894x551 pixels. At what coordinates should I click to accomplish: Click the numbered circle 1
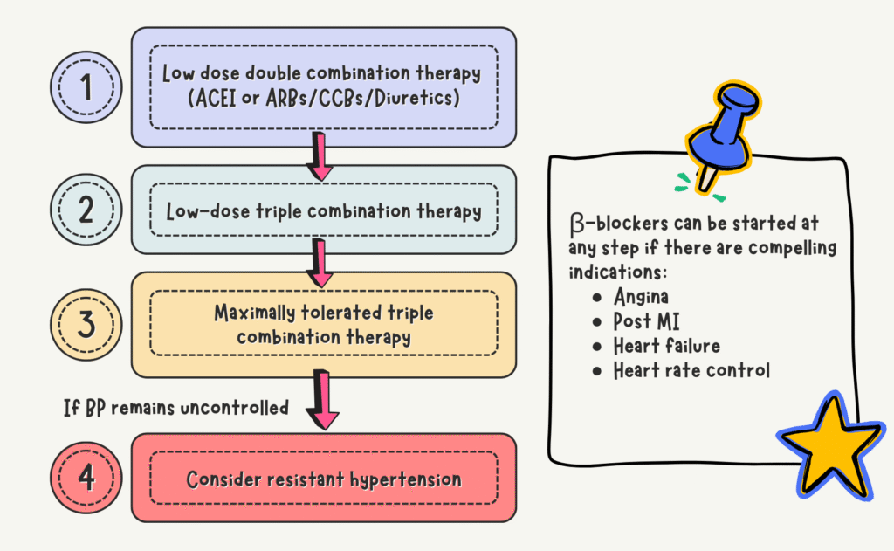click(x=86, y=86)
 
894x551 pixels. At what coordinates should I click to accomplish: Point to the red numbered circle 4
click(x=86, y=479)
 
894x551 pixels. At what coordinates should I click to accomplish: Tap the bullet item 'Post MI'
click(x=647, y=321)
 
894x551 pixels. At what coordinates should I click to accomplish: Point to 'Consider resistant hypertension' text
click(x=323, y=479)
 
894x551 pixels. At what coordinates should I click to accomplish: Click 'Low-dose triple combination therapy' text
click(x=323, y=211)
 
